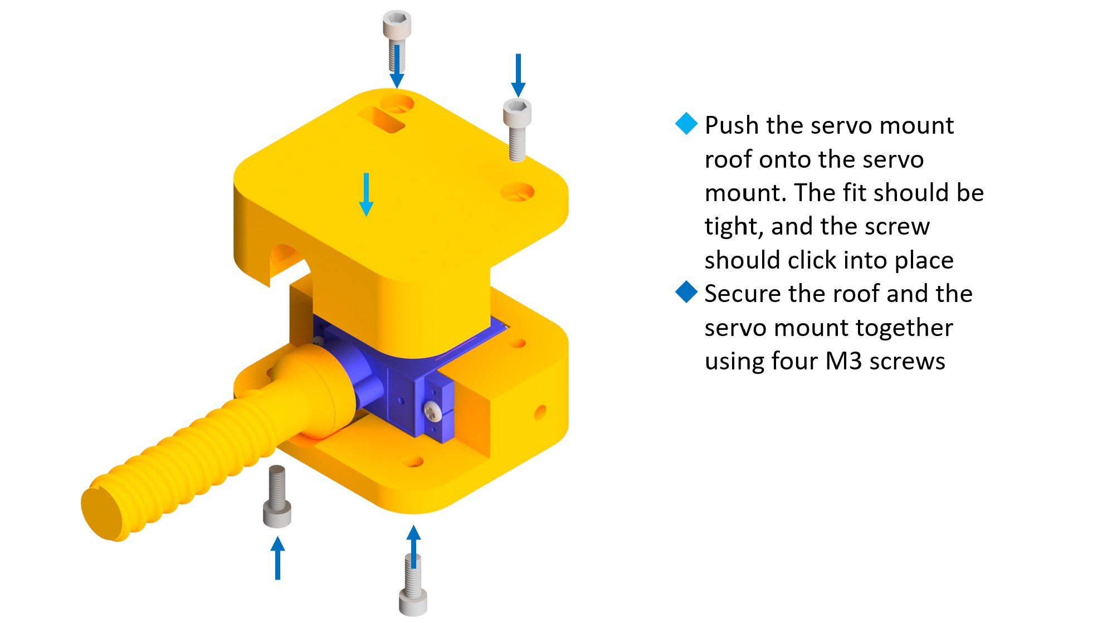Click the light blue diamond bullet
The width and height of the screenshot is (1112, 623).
686,124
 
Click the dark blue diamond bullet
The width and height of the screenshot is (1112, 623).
686,292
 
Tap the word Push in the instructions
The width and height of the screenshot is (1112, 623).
732,126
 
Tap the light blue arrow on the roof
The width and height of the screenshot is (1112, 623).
366,194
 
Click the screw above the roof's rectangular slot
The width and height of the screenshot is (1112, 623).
396,39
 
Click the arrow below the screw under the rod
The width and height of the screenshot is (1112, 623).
277,557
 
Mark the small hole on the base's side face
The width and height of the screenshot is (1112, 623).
539,412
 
